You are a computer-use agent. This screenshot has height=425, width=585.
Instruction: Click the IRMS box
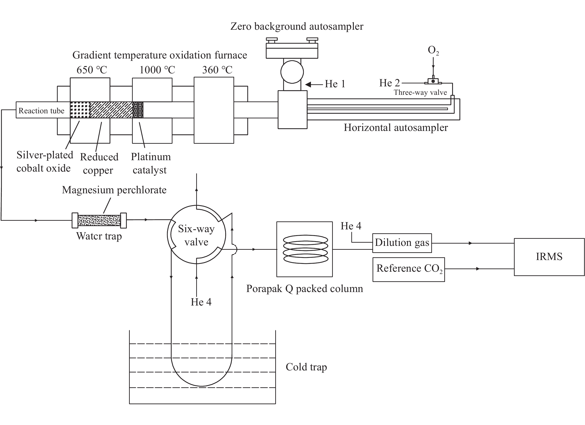coord(549,257)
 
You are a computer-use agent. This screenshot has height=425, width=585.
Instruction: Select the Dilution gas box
coord(402,243)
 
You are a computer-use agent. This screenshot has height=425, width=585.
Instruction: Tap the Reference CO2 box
coord(409,269)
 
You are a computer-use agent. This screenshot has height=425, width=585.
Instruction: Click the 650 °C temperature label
coord(92,70)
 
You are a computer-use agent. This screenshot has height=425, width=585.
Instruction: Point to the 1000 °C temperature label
coord(157,70)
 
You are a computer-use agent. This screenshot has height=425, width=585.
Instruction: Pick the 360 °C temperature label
coord(217,70)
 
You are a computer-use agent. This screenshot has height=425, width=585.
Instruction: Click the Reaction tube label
coord(41,111)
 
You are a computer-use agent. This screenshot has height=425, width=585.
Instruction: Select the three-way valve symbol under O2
coord(433,81)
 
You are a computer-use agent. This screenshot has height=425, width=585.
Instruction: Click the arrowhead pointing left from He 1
coord(308,84)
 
